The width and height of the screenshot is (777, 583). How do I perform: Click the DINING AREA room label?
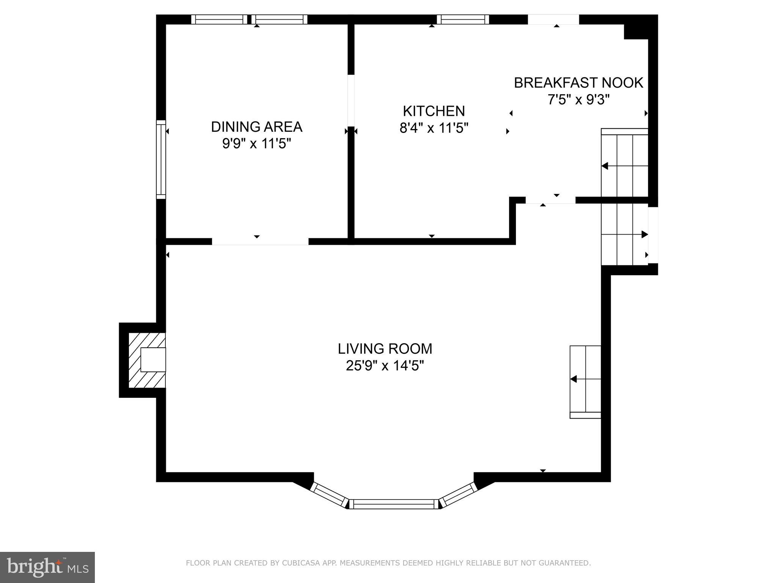point(256,127)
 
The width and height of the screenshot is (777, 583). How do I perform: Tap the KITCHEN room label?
point(434,111)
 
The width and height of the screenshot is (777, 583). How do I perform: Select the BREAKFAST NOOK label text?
point(578,83)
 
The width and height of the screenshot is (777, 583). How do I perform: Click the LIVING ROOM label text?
point(385,348)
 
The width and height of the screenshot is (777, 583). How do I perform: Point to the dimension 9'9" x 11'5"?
point(256,144)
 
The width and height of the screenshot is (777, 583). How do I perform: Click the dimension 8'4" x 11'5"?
point(434,128)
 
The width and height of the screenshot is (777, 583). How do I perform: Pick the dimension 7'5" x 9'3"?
point(578,100)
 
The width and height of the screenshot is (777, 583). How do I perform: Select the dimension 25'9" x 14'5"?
point(385,366)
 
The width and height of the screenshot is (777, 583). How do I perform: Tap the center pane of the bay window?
point(393,504)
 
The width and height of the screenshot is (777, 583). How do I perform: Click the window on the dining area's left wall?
point(161,159)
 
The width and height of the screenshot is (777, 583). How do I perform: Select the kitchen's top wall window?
point(462,19)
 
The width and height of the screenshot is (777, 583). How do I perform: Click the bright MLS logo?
point(47,567)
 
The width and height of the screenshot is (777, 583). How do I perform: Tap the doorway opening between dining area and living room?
point(260,241)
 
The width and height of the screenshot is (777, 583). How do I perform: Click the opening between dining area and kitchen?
point(351,101)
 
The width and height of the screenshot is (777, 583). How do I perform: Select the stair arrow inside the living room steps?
point(574,379)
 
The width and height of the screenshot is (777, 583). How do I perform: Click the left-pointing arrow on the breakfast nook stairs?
point(605,166)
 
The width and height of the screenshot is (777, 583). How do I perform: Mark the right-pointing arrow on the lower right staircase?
point(644,235)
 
